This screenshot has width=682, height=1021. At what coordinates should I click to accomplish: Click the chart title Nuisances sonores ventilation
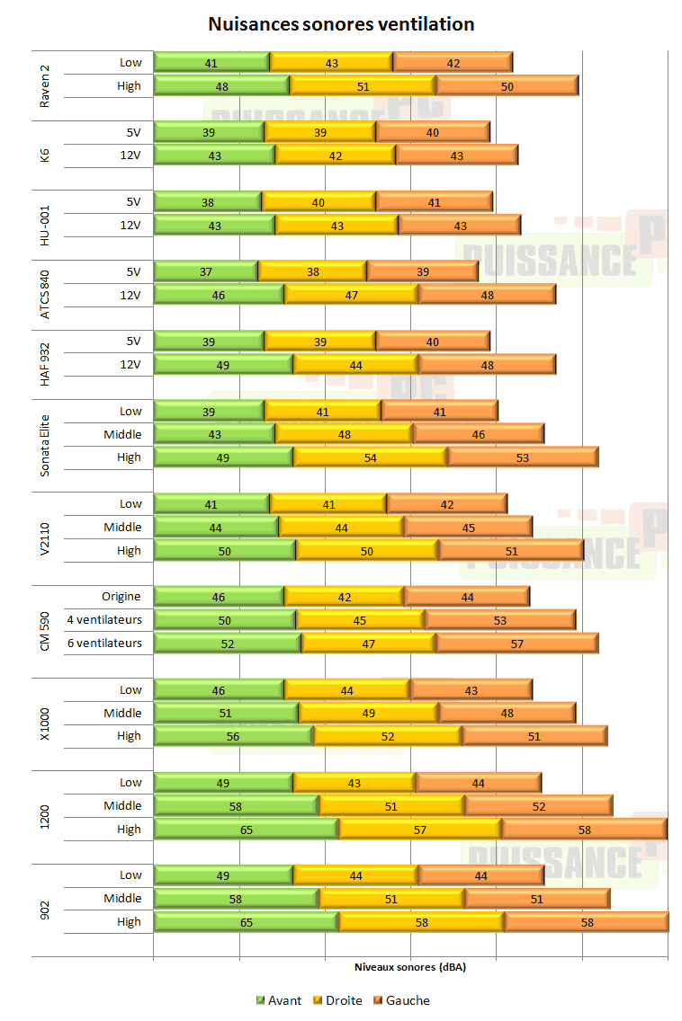[x=341, y=24]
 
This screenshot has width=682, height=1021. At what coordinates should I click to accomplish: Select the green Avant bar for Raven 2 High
[x=221, y=85]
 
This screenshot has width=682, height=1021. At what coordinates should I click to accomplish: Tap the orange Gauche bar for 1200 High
[x=584, y=829]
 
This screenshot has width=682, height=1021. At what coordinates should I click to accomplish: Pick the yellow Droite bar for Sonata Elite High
[x=370, y=457]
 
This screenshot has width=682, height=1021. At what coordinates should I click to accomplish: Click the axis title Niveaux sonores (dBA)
[x=410, y=968]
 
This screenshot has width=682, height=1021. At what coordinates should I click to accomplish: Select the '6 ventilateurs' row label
[x=104, y=643]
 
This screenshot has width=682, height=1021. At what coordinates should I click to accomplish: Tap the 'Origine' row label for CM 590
[x=121, y=597]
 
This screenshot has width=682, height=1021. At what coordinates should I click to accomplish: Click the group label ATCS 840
[x=46, y=294]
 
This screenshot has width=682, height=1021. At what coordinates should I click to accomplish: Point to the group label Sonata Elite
[x=46, y=434]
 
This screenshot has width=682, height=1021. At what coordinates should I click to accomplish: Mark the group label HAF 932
[x=46, y=352]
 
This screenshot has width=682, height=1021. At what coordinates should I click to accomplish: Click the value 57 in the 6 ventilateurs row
[x=516, y=643]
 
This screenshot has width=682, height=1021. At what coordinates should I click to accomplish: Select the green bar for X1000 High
[x=233, y=735]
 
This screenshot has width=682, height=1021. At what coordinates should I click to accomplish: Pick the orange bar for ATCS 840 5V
[x=422, y=271]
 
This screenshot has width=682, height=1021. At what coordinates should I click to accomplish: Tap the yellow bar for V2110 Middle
[x=341, y=527]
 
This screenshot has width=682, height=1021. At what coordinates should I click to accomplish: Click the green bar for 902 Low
[x=223, y=875]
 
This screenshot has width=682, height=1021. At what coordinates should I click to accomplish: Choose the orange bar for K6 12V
[x=456, y=155]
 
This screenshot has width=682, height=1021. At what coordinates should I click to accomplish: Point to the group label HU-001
[x=46, y=225]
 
